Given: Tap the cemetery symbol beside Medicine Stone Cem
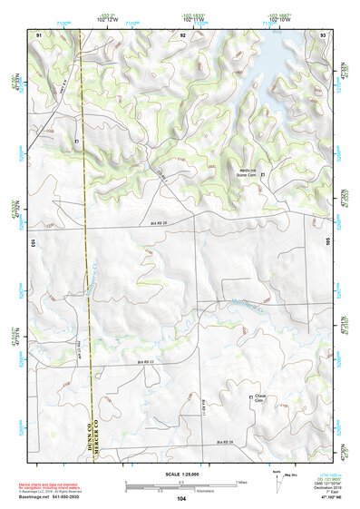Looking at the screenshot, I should [x=263, y=174].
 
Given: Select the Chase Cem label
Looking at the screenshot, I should [x=258, y=400].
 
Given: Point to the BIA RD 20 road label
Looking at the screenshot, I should [x=160, y=221].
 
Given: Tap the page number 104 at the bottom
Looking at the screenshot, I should [x=181, y=499].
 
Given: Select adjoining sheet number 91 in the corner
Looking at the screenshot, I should [x=39, y=34].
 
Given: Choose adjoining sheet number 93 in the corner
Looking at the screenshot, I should [x=322, y=34].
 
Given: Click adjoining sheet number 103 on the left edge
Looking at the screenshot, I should [x=31, y=243].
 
